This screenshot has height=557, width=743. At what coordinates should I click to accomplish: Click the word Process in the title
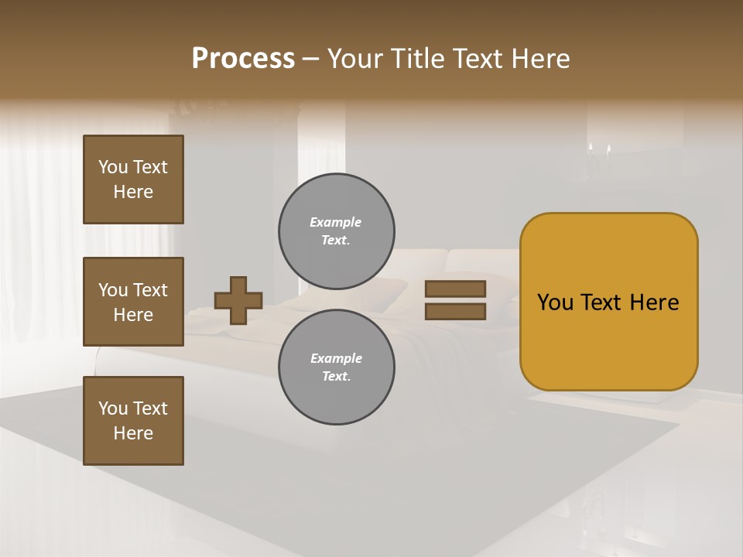243,59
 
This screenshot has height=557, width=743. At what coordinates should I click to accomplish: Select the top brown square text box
133,179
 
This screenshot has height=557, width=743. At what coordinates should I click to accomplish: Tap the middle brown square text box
133,302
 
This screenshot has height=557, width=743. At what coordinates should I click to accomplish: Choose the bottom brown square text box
133,421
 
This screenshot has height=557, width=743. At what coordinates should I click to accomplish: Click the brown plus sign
238,300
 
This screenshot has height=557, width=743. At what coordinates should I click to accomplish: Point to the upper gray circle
336,231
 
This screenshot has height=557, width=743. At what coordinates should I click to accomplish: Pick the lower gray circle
336,367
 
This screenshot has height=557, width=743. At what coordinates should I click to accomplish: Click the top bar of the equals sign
455,289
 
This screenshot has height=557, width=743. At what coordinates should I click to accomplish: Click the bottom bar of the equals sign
455,312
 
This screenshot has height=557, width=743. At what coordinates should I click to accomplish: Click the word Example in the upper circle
336,222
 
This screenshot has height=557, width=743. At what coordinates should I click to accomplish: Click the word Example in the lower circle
336,358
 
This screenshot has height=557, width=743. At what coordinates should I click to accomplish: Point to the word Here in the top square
133,192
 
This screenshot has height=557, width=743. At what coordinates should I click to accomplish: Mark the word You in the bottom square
113,408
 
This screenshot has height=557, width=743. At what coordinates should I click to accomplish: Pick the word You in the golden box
555,302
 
